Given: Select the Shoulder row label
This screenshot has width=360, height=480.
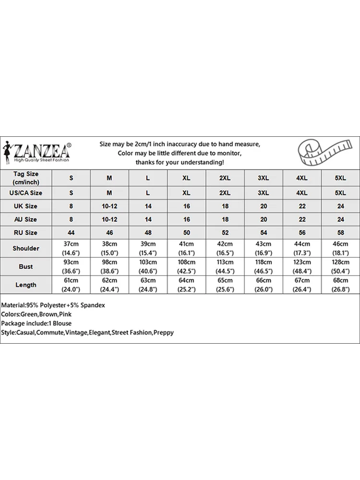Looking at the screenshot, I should (x=26, y=248).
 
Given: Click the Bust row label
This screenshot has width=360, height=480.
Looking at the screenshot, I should (x=26, y=266).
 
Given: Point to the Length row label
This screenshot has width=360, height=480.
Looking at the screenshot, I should (x=26, y=285).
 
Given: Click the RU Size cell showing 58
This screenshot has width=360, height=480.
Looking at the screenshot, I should (x=340, y=233).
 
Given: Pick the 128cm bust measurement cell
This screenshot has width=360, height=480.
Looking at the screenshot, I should (x=340, y=266).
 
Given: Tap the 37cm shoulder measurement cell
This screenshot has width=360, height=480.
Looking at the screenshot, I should (x=71, y=248).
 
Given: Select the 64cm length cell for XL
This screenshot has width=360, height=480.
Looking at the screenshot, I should (x=186, y=285).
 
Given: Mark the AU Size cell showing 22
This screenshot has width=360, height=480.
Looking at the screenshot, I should (x=302, y=219).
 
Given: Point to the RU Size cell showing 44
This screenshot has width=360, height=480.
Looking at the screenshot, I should (x=71, y=233).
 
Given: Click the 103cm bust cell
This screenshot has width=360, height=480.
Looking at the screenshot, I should (x=148, y=266).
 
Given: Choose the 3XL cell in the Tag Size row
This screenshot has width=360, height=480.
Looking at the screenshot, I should (x=263, y=178).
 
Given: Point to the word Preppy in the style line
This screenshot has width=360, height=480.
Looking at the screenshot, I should (x=163, y=333).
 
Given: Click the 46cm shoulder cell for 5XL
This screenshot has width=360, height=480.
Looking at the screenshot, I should (x=340, y=248).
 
